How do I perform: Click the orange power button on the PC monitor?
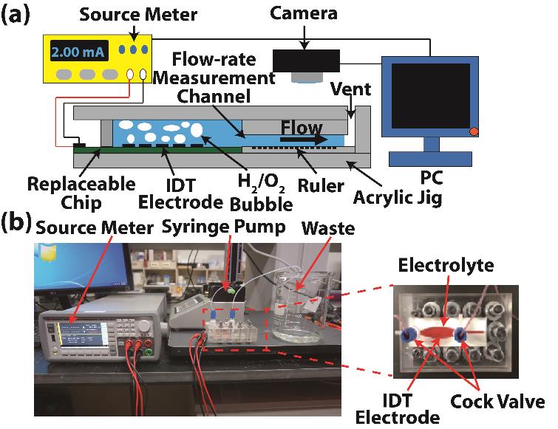point(474,132)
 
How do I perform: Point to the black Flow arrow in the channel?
point(304,138)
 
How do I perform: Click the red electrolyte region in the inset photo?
point(436,334)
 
